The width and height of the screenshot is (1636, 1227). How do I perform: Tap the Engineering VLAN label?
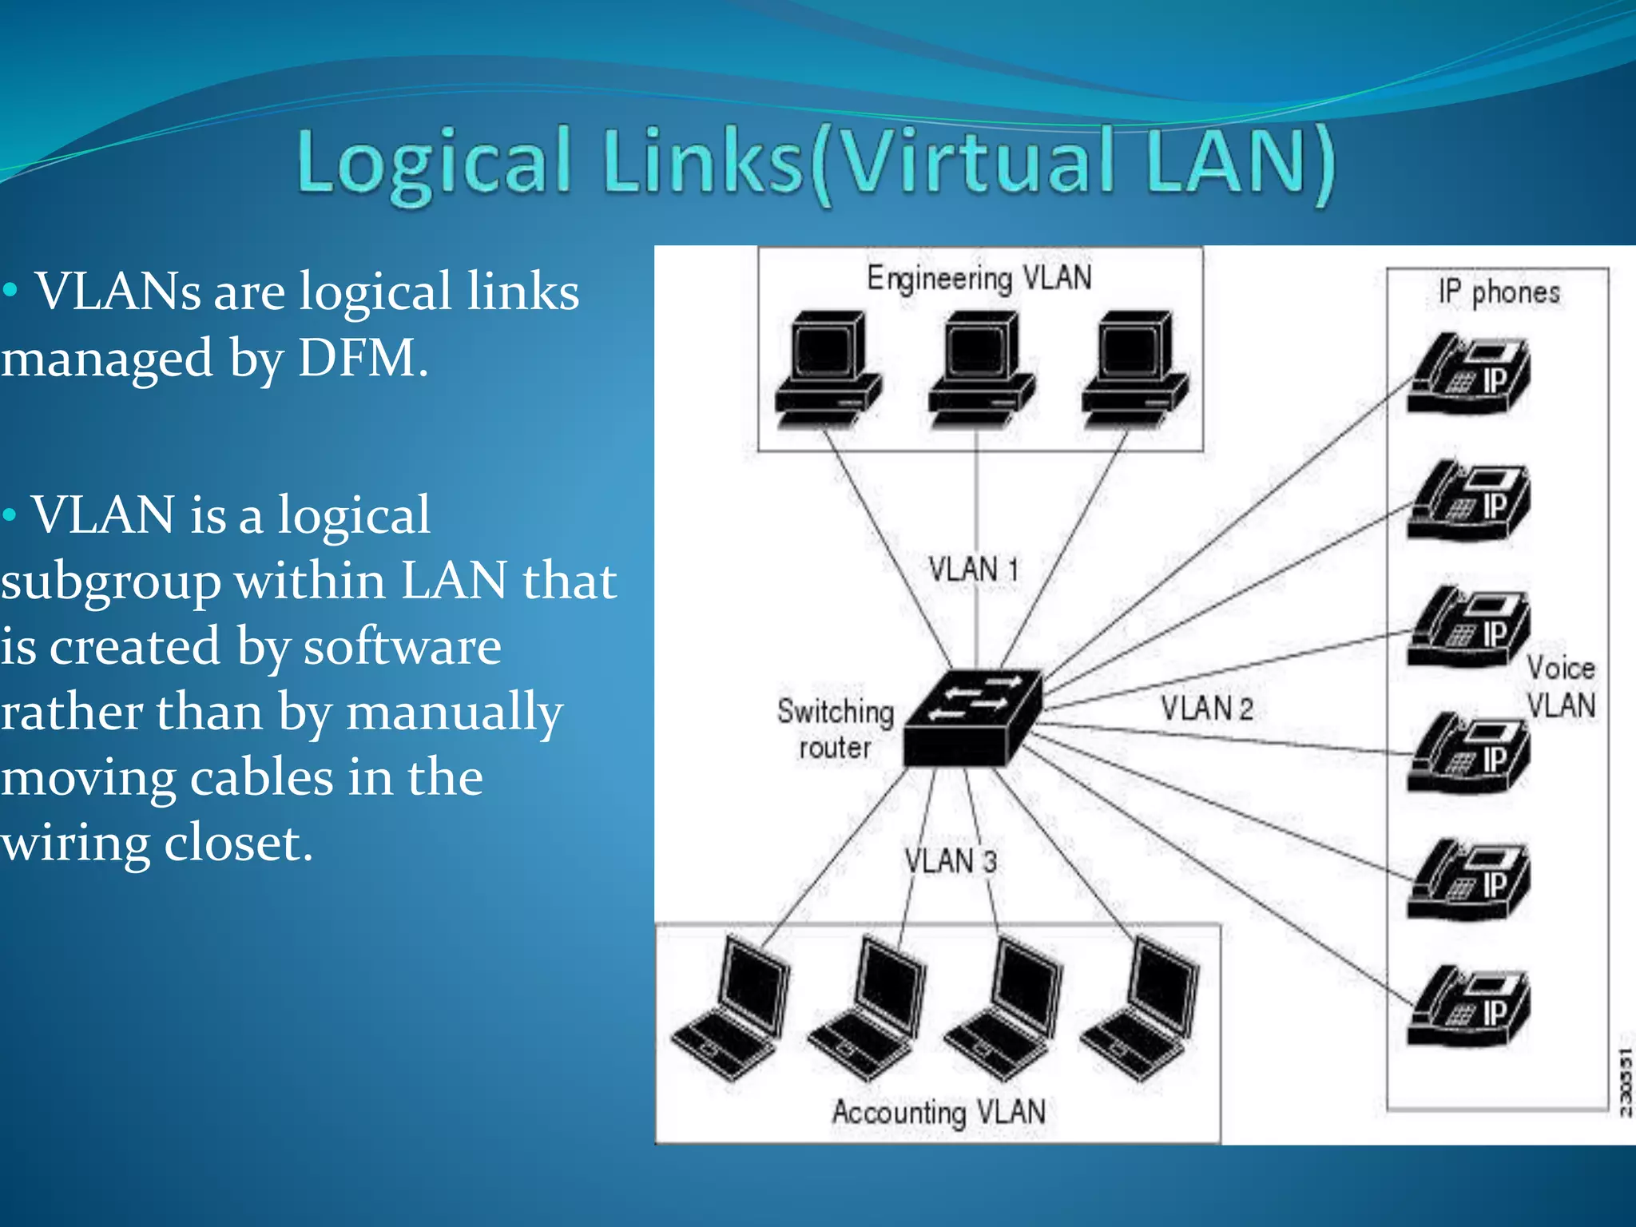pos(979,278)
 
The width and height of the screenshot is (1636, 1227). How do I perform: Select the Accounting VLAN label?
pos(939,1112)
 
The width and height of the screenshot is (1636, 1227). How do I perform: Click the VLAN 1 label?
pos(974,570)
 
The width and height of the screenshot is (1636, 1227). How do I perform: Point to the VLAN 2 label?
pos(1206,709)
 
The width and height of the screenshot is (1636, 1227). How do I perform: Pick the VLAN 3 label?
pos(951,861)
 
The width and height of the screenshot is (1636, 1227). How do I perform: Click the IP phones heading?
pos(1499,292)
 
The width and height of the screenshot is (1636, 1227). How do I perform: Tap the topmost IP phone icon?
pos(1468,374)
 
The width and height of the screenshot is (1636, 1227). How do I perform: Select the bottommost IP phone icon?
pos(1468,1007)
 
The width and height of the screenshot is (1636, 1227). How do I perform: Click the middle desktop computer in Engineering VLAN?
pos(981,369)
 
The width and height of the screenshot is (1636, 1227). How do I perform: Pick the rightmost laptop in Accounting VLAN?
pos(1141,1011)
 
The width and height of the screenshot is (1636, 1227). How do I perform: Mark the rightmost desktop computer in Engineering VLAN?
pos(1134,369)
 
